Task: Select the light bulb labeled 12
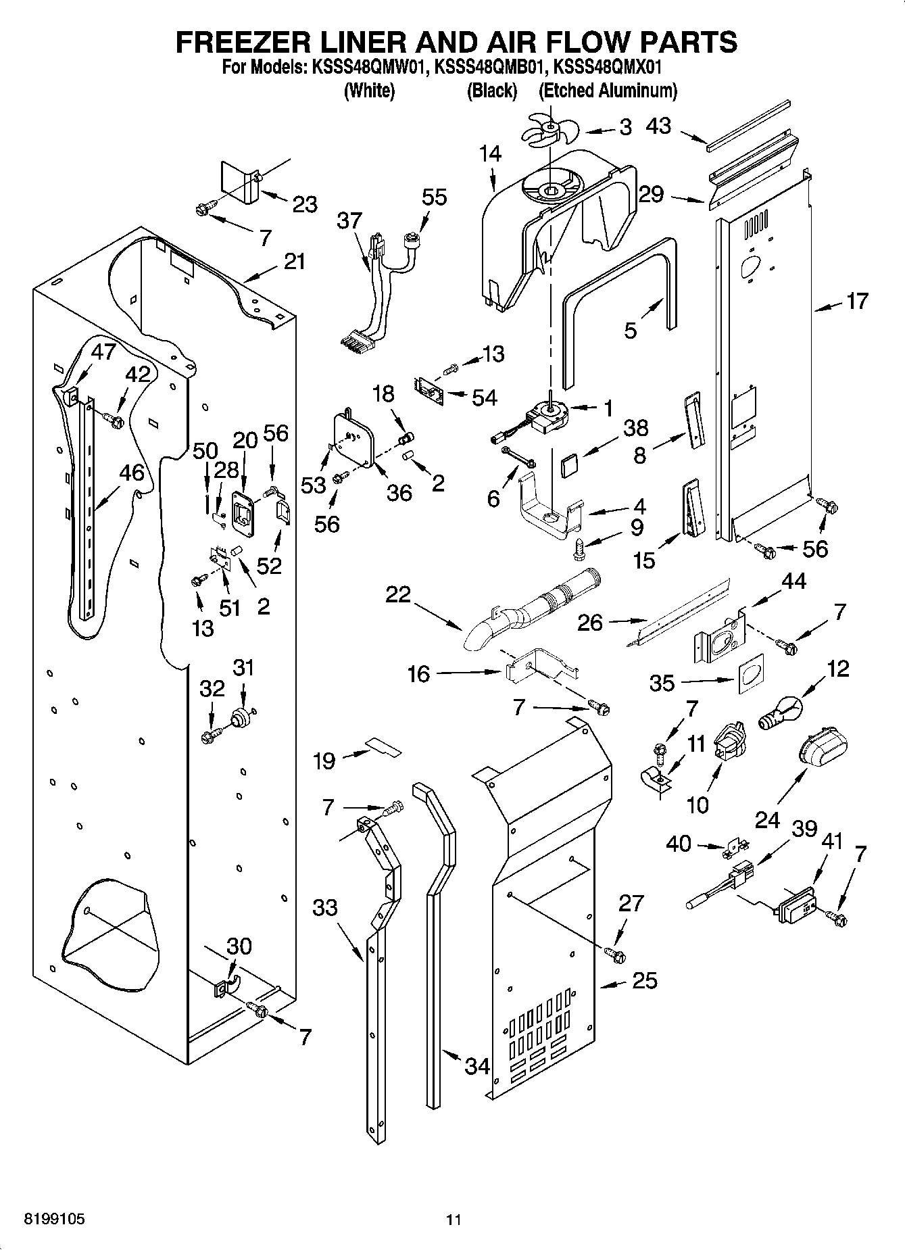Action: (x=781, y=714)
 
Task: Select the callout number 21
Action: (x=295, y=261)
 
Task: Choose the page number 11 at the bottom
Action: (x=453, y=1220)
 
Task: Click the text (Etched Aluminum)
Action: (x=608, y=91)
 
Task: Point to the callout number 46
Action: (x=132, y=473)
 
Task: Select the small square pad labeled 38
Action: (x=570, y=466)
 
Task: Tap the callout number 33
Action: (x=325, y=907)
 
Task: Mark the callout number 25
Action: (x=644, y=980)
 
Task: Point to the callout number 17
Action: (x=857, y=301)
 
